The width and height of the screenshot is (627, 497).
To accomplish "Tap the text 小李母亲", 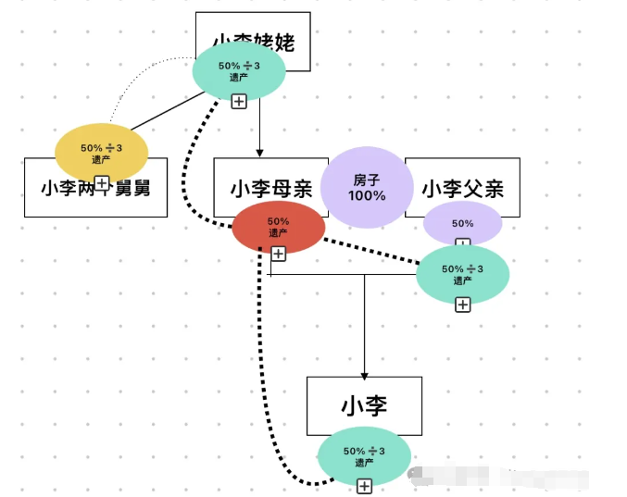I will [x=270, y=188].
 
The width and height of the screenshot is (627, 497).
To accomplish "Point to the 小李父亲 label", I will [x=463, y=188].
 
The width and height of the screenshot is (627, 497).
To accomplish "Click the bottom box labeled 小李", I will [x=364, y=404].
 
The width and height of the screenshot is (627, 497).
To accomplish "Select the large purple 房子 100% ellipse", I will [x=367, y=188].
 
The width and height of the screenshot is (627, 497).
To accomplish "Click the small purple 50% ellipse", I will [x=462, y=223].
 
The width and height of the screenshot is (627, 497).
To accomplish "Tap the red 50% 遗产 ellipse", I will [x=278, y=227].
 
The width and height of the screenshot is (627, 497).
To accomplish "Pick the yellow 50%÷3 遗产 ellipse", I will [x=101, y=152].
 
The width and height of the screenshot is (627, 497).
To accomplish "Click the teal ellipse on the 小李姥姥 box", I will [x=238, y=70].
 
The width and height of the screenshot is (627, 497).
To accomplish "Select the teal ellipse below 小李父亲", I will [x=462, y=273].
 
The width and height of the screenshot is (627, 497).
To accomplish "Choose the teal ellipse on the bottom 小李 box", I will [x=364, y=455].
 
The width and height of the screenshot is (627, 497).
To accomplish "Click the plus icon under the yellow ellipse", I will [x=102, y=182].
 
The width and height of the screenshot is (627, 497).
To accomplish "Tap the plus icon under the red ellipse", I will [x=278, y=253].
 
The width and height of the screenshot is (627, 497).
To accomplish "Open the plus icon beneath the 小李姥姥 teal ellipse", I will [x=239, y=101].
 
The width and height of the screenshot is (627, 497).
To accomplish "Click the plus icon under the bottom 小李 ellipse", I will [x=365, y=486].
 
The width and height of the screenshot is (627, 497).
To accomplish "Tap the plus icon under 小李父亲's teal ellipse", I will [x=462, y=304].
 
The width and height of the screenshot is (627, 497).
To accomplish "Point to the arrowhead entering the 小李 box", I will [x=364, y=372].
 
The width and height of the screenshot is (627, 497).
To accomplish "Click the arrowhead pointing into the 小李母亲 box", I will [x=259, y=152].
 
